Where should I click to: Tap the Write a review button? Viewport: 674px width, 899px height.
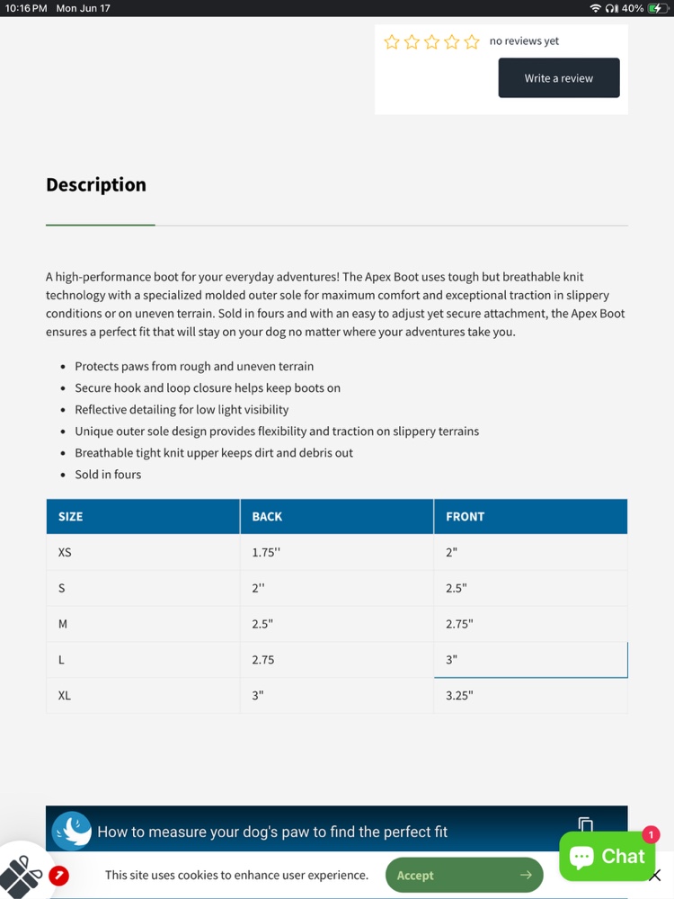pyautogui.click(x=559, y=78)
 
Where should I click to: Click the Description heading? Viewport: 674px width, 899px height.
pyautogui.click(x=96, y=184)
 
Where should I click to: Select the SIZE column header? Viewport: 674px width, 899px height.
pyautogui.click(x=70, y=517)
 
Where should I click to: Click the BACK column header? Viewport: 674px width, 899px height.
pyautogui.click(x=267, y=517)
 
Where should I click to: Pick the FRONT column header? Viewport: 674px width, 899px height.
pyautogui.click(x=465, y=517)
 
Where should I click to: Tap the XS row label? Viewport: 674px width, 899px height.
pyautogui.click(x=65, y=552)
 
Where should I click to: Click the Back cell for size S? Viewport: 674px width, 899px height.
pyautogui.click(x=259, y=588)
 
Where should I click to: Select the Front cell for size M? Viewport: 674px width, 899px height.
pyautogui.click(x=459, y=624)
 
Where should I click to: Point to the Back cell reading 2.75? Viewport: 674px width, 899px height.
pyautogui.click(x=263, y=660)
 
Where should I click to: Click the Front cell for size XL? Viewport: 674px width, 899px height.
pyautogui.click(x=459, y=695)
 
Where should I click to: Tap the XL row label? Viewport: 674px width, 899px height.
pyautogui.click(x=65, y=695)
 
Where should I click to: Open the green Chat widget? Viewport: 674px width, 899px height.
pyautogui.click(x=607, y=857)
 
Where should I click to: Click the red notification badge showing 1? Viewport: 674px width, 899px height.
pyautogui.click(x=651, y=835)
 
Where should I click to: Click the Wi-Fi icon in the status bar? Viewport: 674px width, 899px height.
pyautogui.click(x=595, y=8)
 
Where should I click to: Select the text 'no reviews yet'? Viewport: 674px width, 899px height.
pyautogui.click(x=524, y=41)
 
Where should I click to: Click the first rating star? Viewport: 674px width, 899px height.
pyautogui.click(x=392, y=41)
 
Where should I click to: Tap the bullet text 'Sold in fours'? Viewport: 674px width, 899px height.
pyautogui.click(x=108, y=475)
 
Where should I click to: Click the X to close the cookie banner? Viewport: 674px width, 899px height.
pyautogui.click(x=655, y=875)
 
